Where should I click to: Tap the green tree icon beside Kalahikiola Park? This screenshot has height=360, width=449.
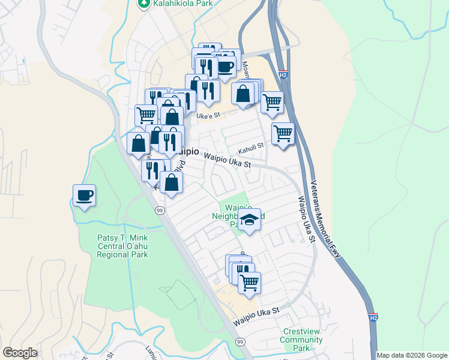[143, 4]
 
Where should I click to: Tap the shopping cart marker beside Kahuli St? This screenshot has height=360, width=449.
[283, 133]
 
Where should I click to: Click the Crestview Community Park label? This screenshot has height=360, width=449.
[304, 340]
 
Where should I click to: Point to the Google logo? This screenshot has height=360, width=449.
[20, 353]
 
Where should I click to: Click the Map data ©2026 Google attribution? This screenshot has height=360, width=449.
[412, 355]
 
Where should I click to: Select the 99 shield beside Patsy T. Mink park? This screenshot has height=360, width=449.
[160, 211]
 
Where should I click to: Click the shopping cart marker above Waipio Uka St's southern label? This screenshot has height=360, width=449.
[249, 281]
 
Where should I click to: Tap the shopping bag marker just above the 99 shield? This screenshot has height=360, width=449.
[172, 182]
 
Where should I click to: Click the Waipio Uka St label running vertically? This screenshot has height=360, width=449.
[304, 218]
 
